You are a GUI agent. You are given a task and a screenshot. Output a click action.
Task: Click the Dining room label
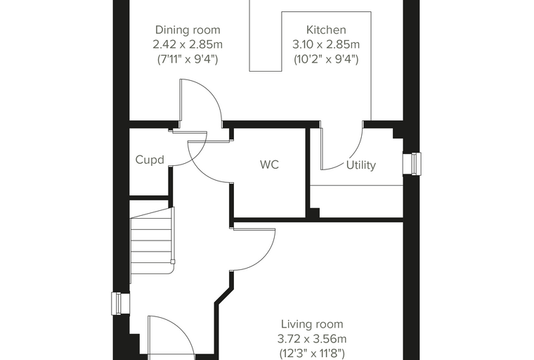point(188,30)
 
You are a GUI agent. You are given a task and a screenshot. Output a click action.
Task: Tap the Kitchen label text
point(326,30)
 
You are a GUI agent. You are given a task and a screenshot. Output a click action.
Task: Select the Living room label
point(312,324)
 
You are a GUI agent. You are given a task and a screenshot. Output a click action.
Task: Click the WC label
point(269,165)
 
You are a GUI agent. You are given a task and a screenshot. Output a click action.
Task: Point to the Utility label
point(361,165)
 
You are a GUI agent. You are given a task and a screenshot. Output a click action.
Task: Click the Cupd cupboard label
point(150,160)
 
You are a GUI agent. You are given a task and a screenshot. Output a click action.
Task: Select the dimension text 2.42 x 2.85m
point(188,45)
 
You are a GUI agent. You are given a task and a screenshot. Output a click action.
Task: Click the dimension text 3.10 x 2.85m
point(326,45)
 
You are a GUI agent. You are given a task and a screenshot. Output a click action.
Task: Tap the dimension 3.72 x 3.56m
point(312,339)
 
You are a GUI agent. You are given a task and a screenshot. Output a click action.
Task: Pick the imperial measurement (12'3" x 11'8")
point(312,352)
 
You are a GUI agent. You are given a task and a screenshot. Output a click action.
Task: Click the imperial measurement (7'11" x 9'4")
point(188,59)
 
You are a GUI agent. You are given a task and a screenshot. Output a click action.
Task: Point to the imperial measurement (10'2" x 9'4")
point(326,59)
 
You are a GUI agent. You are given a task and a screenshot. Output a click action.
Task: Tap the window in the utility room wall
point(412,164)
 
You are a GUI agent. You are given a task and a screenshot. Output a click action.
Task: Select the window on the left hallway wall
point(121,304)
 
